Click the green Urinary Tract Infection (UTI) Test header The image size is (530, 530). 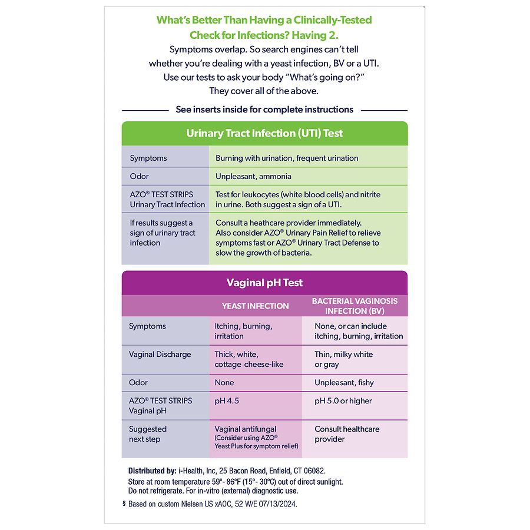coord(264,133)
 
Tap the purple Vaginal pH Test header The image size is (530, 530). coord(264,283)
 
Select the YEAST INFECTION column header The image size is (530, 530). coord(255,306)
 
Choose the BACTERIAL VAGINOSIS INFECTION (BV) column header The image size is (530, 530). coord(355,306)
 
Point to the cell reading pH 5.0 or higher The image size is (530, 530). coord(343,401)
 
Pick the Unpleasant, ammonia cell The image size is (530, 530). coord(253,176)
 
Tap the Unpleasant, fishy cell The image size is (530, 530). coord(344,383)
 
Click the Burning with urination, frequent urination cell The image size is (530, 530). coord(287,158)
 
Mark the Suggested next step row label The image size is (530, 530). coord(148,434)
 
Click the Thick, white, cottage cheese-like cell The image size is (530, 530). coord(249,359)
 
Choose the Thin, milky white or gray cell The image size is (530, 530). coord(343,359)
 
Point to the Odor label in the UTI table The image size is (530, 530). coord(139,176)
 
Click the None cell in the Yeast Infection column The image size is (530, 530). coord(224,383)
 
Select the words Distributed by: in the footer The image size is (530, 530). coord(152,471)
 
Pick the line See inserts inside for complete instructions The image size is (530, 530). coord(264,110)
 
